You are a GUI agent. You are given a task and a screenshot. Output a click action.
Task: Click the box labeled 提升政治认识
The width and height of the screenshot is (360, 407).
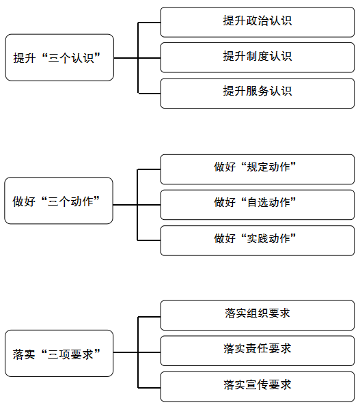click(257, 22)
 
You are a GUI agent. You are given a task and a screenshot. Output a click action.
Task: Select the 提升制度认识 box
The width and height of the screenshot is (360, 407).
click(257, 57)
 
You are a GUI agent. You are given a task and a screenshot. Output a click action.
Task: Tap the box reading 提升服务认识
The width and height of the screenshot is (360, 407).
click(257, 93)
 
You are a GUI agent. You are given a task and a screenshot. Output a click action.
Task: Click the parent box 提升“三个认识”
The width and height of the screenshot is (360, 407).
click(59, 57)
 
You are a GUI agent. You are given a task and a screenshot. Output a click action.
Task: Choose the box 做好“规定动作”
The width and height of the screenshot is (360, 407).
click(257, 169)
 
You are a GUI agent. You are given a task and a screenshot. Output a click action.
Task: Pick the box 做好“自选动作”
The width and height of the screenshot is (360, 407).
click(257, 205)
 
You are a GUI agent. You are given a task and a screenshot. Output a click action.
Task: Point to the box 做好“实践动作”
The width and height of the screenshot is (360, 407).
click(257, 240)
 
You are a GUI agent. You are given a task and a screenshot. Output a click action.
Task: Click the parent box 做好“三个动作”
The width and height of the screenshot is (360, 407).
click(59, 201)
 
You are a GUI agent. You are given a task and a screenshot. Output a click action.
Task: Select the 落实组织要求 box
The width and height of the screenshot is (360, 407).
click(257, 315)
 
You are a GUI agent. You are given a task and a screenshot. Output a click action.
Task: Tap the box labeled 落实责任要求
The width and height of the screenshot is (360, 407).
click(257, 351)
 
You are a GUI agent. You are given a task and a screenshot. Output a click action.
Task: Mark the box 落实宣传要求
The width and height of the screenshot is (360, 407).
click(257, 387)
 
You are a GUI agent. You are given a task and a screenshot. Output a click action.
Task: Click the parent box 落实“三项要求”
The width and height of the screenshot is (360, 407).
click(59, 354)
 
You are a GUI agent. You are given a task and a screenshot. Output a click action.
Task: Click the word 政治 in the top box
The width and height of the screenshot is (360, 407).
click(258, 20)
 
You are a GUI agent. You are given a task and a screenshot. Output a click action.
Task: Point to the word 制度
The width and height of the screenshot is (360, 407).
click(258, 56)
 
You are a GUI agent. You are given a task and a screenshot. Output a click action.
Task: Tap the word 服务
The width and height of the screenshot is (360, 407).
click(258, 91)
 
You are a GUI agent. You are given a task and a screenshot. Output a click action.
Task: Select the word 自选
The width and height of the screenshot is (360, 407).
click(257, 202)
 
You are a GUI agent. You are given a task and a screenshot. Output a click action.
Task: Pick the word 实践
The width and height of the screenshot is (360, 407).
click(257, 238)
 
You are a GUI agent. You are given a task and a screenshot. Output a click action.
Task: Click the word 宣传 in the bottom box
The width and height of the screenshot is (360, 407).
click(257, 384)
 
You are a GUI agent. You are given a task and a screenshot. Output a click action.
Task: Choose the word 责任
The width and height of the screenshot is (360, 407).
click(257, 348)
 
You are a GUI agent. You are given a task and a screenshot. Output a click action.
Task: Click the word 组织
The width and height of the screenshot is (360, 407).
click(257, 313)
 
